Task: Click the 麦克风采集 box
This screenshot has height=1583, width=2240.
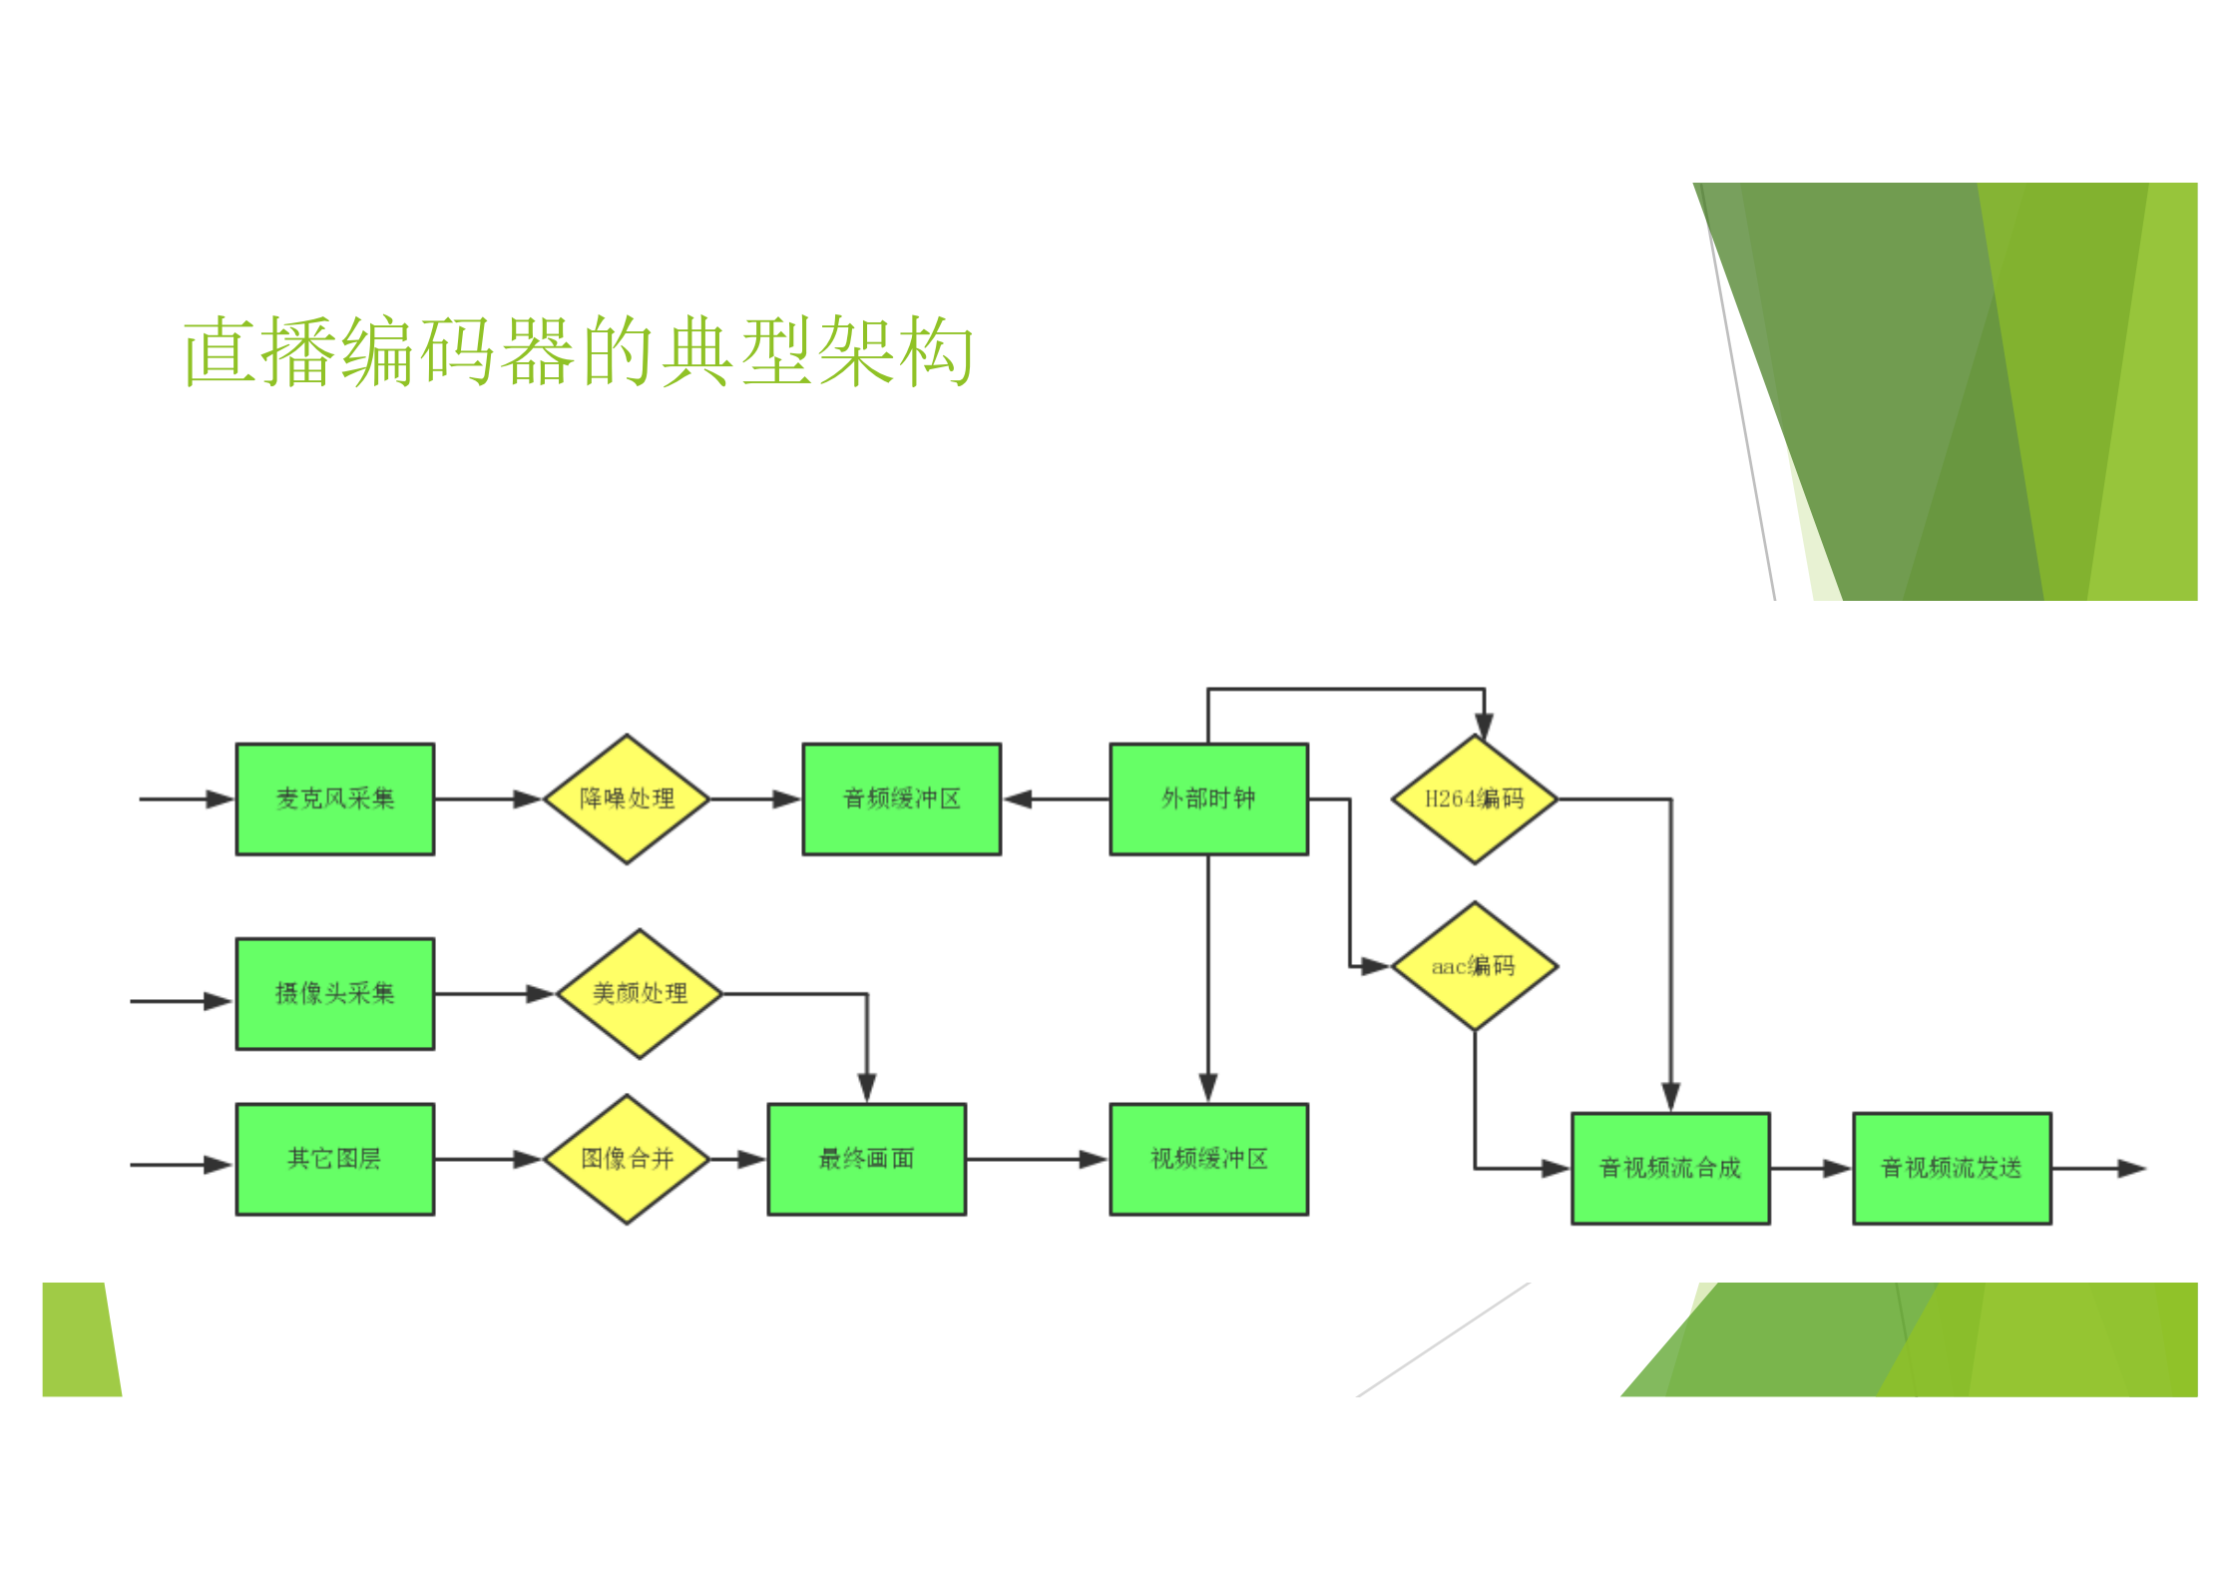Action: pos(334,798)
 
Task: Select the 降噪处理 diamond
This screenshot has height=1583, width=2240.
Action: pos(627,798)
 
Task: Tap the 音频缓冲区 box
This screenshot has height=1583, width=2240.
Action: pos(901,798)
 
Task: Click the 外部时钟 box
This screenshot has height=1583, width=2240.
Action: pos(1208,798)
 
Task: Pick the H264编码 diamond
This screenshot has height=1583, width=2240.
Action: pos(1475,798)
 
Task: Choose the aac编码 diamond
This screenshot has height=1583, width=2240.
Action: pos(1475,966)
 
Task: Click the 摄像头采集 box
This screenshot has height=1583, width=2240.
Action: pos(334,993)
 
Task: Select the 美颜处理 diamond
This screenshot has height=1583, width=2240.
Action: pos(640,993)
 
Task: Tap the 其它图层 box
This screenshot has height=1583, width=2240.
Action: pos(334,1159)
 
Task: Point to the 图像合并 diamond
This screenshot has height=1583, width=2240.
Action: pos(627,1159)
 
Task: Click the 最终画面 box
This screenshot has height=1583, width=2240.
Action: pos(866,1159)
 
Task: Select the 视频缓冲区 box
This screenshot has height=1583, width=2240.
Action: pos(1208,1159)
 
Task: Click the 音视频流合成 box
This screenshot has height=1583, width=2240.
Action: pos(1670,1168)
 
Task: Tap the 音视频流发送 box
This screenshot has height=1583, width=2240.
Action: pos(1952,1168)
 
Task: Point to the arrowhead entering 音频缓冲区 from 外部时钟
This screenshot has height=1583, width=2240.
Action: pos(1018,798)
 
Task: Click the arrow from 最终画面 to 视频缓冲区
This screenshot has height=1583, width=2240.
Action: pos(1038,1159)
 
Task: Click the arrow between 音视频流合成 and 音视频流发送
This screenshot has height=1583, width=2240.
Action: pos(1811,1168)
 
